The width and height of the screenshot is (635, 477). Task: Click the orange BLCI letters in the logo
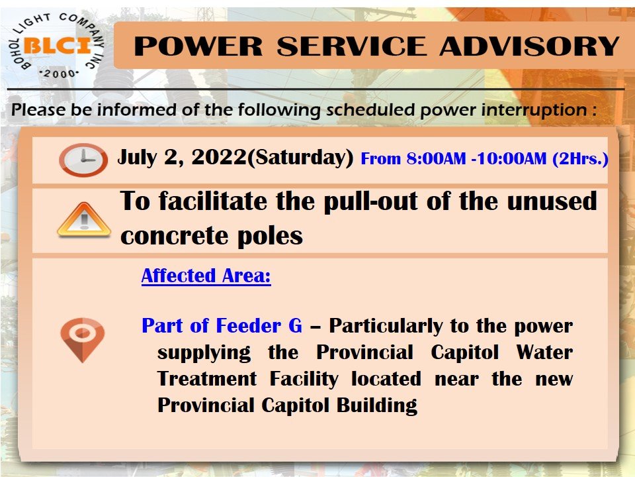(57, 45)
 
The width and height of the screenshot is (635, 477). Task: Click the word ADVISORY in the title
(529, 46)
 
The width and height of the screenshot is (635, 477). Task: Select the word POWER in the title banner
(198, 46)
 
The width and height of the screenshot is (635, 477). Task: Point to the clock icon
(83, 160)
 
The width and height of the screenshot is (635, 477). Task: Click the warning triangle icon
(84, 220)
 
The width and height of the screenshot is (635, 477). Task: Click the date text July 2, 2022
(182, 158)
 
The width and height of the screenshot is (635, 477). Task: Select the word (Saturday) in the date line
(300, 158)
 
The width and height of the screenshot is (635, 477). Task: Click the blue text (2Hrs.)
(580, 158)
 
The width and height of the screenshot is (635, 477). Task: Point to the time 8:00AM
(436, 158)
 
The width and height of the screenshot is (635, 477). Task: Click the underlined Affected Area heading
(206, 276)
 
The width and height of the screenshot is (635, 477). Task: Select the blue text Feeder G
(259, 326)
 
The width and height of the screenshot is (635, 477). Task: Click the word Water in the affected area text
(544, 352)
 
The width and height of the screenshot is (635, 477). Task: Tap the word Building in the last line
(377, 405)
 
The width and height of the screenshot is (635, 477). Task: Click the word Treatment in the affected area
(207, 379)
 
